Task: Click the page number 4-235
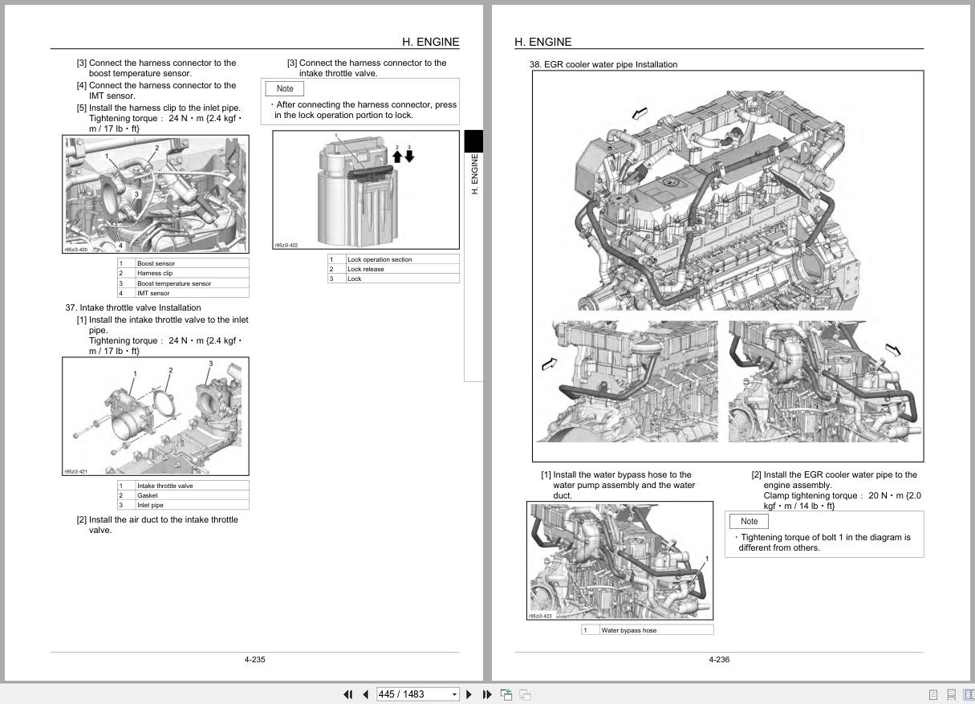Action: coord(254,660)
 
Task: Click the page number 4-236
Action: coord(719,660)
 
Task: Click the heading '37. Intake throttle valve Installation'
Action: coord(133,307)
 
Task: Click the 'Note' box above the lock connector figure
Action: coord(285,88)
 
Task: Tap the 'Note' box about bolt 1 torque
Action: coord(749,521)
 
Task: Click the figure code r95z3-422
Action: coord(286,246)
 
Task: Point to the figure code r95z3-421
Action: coord(76,472)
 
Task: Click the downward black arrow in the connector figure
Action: coord(409,157)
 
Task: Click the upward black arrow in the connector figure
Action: coord(397,157)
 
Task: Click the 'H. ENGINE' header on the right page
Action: coord(543,42)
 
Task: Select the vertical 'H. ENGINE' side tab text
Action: coord(474,174)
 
